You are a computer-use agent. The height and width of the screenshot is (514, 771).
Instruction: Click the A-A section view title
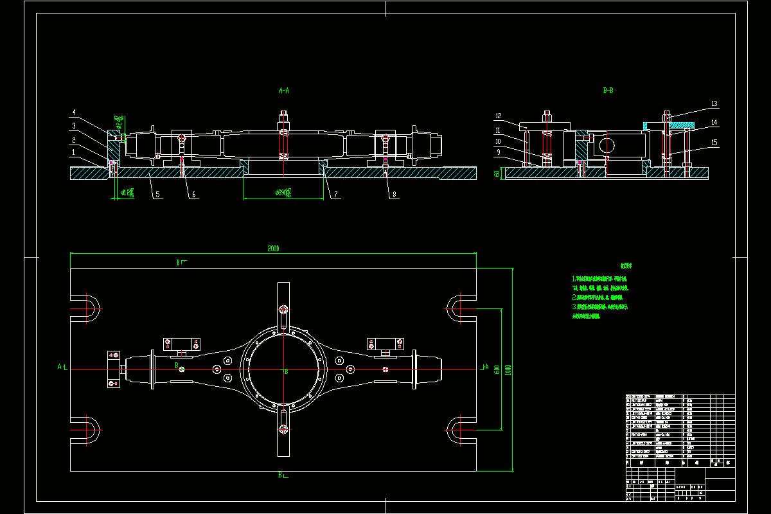click(x=284, y=91)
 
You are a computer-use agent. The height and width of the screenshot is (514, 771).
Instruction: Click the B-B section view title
click(x=608, y=91)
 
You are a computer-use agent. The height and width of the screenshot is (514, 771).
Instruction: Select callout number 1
click(x=74, y=152)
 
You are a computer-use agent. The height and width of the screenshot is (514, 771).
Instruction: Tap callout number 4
click(x=74, y=113)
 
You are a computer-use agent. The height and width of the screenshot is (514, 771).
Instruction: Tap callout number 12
click(x=498, y=116)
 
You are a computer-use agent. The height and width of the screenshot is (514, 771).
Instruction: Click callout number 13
click(x=714, y=103)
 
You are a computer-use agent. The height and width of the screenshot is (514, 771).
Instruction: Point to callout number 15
click(x=714, y=143)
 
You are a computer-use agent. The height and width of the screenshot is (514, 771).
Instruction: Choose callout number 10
click(x=498, y=141)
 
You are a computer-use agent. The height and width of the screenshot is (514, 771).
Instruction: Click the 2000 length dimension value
click(x=274, y=248)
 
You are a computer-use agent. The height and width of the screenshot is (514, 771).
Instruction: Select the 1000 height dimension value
click(x=508, y=370)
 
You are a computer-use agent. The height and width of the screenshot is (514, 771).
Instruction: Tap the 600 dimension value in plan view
click(x=497, y=369)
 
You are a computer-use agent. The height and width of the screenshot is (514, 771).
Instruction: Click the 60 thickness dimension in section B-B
click(x=497, y=173)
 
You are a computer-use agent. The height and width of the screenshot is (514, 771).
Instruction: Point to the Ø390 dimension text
click(x=283, y=191)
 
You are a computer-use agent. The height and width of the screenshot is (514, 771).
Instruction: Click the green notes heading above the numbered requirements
click(x=627, y=265)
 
